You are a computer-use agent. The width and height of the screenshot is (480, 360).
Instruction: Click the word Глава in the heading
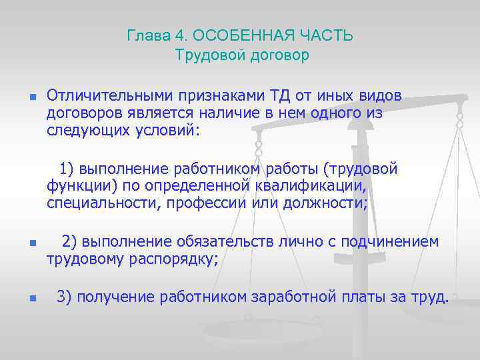[145, 36]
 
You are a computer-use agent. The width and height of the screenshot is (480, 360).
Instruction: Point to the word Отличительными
[106, 96]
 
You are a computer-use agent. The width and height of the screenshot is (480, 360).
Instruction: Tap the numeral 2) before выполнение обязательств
[70, 241]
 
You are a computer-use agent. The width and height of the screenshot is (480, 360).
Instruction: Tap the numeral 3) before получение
[65, 297]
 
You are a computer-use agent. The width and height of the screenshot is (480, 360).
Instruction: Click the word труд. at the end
[429, 297]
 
